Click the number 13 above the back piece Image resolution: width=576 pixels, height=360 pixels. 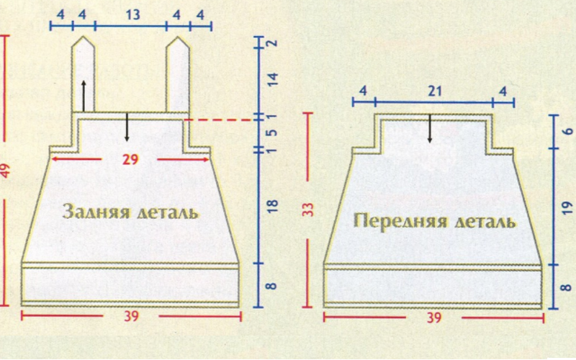[x=132, y=14]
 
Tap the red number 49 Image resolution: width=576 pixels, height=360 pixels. [x=5, y=171]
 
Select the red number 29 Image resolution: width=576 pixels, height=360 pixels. [x=130, y=159]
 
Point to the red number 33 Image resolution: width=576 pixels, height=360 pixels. [x=309, y=210]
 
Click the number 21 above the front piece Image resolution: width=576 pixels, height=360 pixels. [x=435, y=91]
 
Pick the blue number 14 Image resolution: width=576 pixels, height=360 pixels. [x=272, y=80]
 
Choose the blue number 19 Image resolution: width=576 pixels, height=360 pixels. [x=567, y=207]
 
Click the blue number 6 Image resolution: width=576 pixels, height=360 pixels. [x=567, y=131]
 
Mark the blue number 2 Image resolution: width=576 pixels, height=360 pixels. [x=272, y=42]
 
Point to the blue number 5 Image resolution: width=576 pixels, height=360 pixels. [x=272, y=132]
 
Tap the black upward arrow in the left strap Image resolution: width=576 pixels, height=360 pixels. [x=84, y=95]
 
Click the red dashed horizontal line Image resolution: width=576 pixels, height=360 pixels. [x=220, y=120]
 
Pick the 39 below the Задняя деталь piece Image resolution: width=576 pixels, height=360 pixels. [x=131, y=316]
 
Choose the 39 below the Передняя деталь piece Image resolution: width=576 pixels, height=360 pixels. [x=434, y=318]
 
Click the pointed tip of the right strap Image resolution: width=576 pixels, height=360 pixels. [x=178, y=37]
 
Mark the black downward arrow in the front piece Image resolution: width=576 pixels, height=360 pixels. [x=429, y=128]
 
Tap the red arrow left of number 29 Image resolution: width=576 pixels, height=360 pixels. [x=76, y=159]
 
